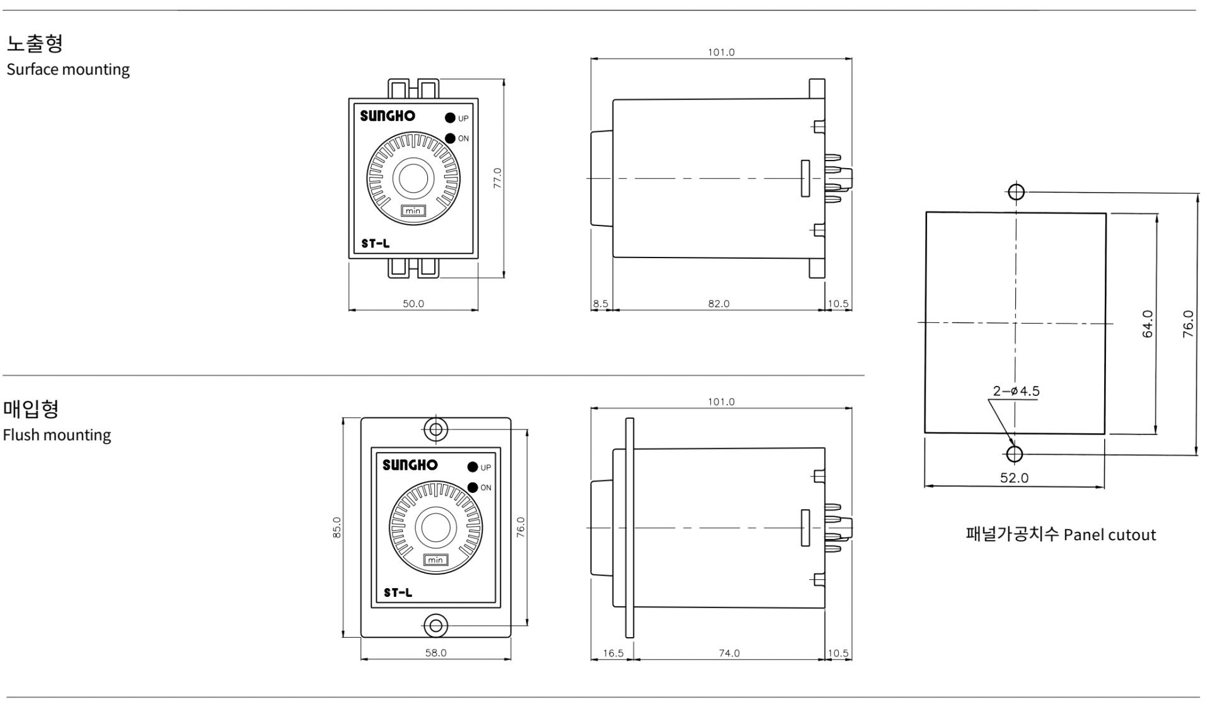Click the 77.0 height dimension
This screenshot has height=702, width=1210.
click(x=497, y=178)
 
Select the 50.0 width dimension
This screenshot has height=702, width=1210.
click(x=413, y=303)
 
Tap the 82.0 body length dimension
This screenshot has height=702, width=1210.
click(x=718, y=303)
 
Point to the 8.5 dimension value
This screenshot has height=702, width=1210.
click(x=601, y=303)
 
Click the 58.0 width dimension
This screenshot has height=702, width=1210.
click(x=435, y=653)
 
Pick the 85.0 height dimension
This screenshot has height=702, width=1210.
click(x=337, y=527)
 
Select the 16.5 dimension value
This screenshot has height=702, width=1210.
click(x=613, y=653)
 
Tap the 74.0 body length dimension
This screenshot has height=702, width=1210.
click(x=729, y=653)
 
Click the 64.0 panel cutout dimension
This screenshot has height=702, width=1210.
click(x=1148, y=324)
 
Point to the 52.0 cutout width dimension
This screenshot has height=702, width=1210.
click(x=1014, y=478)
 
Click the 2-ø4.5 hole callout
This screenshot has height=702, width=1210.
click(x=1016, y=391)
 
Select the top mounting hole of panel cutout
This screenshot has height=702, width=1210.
click(x=1016, y=191)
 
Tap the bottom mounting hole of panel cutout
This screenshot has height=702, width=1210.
click(x=1015, y=454)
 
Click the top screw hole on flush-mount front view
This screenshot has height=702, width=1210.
click(x=435, y=430)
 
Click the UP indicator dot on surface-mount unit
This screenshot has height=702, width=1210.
click(x=450, y=118)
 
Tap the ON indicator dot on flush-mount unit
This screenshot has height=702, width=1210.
click(x=473, y=487)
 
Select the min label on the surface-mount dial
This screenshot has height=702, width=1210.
click(x=413, y=210)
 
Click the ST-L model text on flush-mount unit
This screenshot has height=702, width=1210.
click(x=398, y=592)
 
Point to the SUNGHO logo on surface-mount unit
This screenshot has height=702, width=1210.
click(x=388, y=116)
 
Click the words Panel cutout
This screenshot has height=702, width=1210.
click(x=1110, y=535)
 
